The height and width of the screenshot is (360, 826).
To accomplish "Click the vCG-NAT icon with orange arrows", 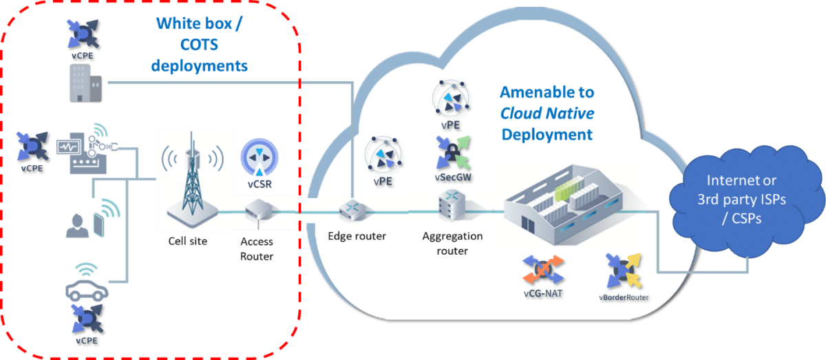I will click(543, 273).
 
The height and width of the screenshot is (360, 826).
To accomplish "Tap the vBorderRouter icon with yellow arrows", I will click(623, 271).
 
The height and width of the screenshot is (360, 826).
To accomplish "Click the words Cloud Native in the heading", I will click(547, 113).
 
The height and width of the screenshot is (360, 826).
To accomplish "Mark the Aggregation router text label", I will click(452, 243).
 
